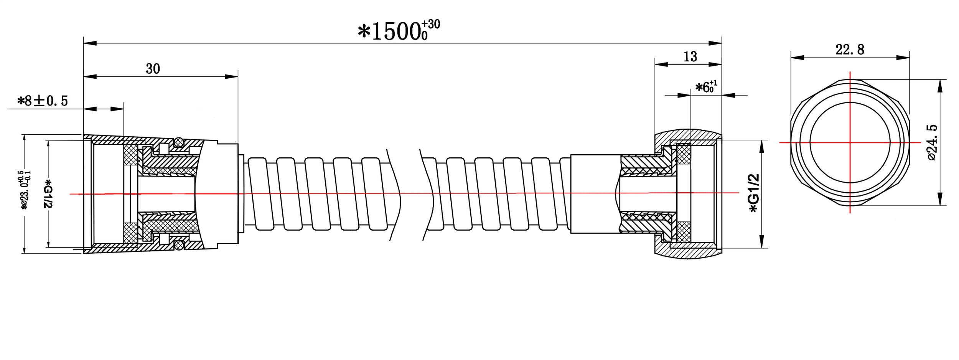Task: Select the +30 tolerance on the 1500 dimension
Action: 431,25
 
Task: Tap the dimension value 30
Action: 153,69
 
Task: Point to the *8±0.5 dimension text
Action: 43,101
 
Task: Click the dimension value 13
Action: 690,57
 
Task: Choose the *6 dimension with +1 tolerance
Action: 705,87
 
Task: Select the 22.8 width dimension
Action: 850,50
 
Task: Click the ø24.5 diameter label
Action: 932,142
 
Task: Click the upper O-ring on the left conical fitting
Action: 178,143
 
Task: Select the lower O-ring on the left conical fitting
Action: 178,244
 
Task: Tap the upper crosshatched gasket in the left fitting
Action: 130,155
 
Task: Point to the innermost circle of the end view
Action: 850,142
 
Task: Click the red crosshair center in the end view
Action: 850,142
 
